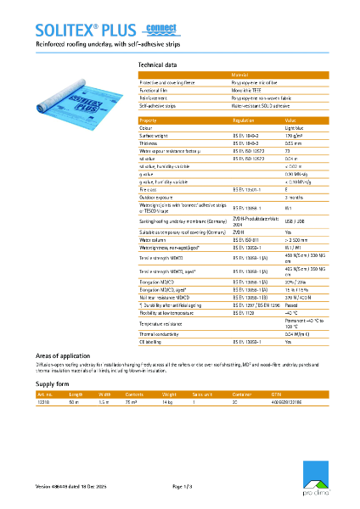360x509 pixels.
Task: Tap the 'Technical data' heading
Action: (x=157, y=64)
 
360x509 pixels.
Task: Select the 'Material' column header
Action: (x=240, y=76)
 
